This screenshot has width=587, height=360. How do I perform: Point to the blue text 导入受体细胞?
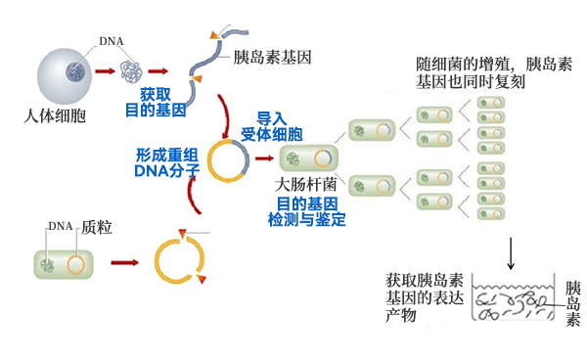[x=272, y=123]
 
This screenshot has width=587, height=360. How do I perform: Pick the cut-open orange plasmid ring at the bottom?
[x=180, y=261]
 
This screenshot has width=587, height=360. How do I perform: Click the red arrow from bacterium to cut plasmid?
[x=123, y=263]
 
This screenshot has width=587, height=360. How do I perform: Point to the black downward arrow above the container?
[x=510, y=253]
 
